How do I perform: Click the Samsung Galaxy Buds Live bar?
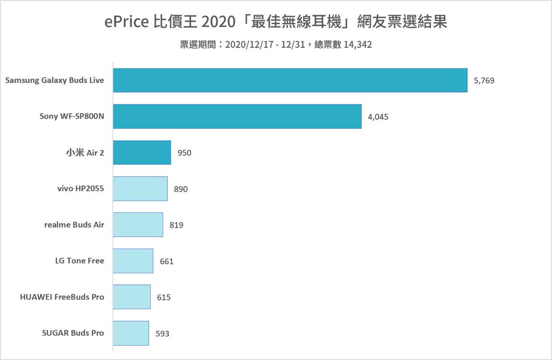pyautogui.click(x=290, y=81)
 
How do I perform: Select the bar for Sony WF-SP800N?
pyautogui.click(x=237, y=117)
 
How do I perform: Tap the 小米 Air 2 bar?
pyautogui.click(x=142, y=152)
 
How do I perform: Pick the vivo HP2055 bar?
pyautogui.click(x=140, y=189)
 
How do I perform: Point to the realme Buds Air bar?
pyautogui.click(x=138, y=225)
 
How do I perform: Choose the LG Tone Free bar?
pyautogui.click(x=133, y=261)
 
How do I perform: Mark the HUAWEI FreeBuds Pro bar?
pyautogui.click(x=132, y=297)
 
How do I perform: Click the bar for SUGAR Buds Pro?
pyautogui.click(x=131, y=333)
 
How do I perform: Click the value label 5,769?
pyautogui.click(x=484, y=81)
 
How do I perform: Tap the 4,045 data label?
pyautogui.click(x=378, y=117)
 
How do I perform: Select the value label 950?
pyautogui.click(x=184, y=153)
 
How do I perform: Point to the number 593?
pyautogui.click(x=162, y=333)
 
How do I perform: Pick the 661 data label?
pyautogui.click(x=167, y=261)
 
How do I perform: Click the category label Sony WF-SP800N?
pyautogui.click(x=72, y=117)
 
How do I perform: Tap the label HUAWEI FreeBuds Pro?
pyautogui.click(x=62, y=297)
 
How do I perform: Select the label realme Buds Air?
pyautogui.click(x=74, y=225)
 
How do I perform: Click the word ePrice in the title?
pyautogui.click(x=126, y=23)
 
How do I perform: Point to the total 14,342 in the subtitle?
pyautogui.click(x=358, y=45)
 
